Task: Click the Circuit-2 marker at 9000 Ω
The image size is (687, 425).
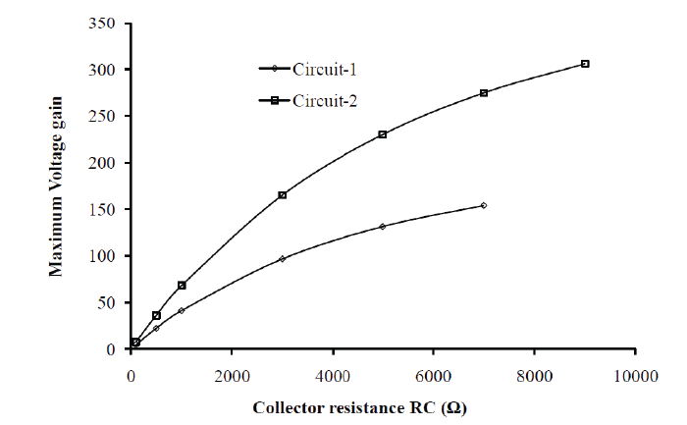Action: (585, 64)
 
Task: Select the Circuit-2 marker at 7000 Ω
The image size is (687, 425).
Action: (484, 93)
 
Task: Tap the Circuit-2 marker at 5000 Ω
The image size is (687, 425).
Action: (383, 134)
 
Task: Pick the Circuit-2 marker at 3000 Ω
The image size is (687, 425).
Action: (283, 195)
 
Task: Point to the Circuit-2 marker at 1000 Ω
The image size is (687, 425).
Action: (182, 285)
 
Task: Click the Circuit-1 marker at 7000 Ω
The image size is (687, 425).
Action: (484, 205)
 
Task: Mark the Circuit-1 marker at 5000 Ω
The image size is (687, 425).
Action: (383, 226)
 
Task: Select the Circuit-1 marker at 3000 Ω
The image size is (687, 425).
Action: (283, 259)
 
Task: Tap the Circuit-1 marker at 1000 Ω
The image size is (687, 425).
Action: (182, 310)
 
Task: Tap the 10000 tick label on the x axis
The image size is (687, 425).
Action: (635, 374)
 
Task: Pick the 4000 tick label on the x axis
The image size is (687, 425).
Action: (333, 374)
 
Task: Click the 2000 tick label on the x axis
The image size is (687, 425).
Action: (232, 374)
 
